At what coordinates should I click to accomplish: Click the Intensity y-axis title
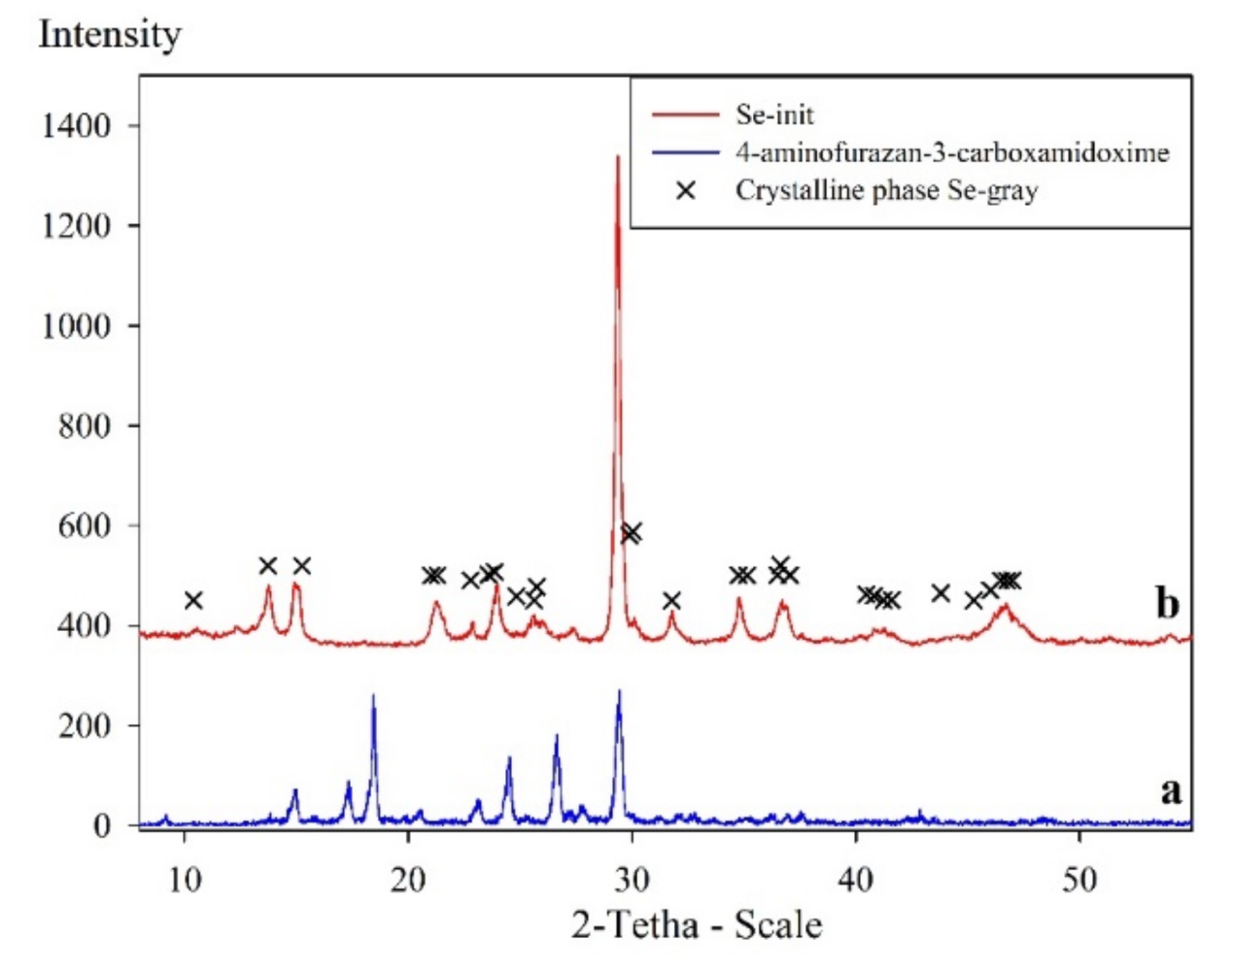110,35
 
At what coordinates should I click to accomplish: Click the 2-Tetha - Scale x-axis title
696,924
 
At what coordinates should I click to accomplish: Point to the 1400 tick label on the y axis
75,126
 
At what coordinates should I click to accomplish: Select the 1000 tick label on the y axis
75,326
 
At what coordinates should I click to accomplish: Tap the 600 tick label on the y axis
84,525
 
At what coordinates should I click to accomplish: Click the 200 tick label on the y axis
84,725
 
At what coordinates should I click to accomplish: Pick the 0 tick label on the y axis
102,825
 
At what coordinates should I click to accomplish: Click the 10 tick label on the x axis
184,880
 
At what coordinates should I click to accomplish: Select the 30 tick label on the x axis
632,880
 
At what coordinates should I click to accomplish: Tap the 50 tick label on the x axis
1079,880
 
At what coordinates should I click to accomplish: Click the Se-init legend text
774,115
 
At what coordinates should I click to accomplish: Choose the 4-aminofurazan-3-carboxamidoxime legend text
951,152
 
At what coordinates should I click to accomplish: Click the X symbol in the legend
686,190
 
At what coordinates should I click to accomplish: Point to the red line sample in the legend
685,115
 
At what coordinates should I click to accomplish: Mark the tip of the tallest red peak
617,156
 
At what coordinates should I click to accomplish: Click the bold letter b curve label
1167,604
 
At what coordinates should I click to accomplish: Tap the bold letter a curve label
1171,791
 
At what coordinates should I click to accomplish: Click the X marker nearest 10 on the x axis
193,600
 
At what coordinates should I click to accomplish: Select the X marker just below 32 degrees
671,600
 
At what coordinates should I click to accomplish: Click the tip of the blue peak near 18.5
373,695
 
